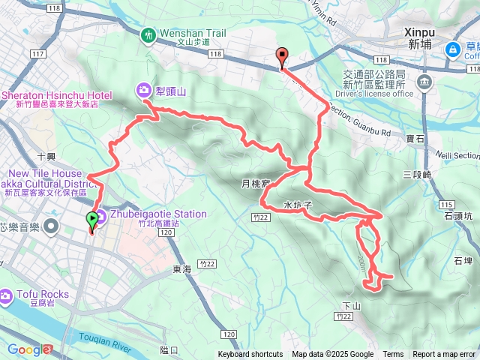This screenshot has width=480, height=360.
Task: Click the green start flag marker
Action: click(93, 220)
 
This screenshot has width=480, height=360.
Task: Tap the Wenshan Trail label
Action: click(192, 33)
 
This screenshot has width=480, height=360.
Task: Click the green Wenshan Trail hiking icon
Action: click(148, 34)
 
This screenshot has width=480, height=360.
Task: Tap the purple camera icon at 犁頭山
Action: click(142, 91)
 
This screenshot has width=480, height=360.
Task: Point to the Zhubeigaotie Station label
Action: click(157, 214)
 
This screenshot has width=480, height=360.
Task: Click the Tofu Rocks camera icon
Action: click(6, 296)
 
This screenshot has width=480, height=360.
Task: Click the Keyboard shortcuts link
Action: click(250, 355)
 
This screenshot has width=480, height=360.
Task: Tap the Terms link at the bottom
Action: click(393, 355)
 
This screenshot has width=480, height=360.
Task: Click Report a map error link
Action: click(444, 355)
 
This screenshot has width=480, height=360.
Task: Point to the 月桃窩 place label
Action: click(253, 183)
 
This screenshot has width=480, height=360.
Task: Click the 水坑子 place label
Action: click(297, 204)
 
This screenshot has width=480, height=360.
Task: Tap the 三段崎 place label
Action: click(417, 175)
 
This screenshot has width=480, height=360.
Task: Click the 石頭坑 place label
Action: click(457, 215)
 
